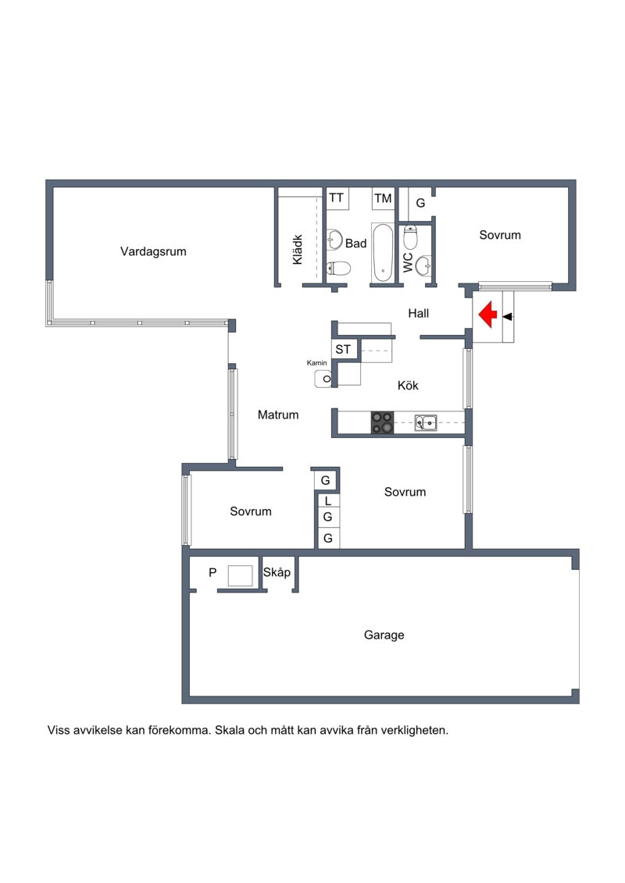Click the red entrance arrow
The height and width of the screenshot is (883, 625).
pyautogui.click(x=487, y=314)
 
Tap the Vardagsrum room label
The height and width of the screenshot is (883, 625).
pyautogui.click(x=153, y=251)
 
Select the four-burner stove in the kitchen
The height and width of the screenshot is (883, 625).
pyautogui.click(x=382, y=422)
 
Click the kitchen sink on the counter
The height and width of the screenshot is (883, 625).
pyautogui.click(x=426, y=422)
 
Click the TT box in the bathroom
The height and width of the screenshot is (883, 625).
pyautogui.click(x=337, y=198)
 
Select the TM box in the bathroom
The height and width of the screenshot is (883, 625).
pyautogui.click(x=384, y=198)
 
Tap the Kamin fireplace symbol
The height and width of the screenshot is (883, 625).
pyautogui.click(x=323, y=379)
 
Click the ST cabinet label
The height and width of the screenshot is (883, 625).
pyautogui.click(x=343, y=350)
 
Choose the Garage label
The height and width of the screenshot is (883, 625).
pyautogui.click(x=384, y=635)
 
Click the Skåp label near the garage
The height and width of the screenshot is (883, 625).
pyautogui.click(x=277, y=572)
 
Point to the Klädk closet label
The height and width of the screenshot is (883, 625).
pyautogui.click(x=298, y=250)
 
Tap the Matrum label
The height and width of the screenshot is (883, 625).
pyautogui.click(x=278, y=415)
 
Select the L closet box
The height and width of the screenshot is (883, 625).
pyautogui.click(x=328, y=500)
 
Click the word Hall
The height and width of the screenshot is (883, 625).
pyautogui.click(x=419, y=314)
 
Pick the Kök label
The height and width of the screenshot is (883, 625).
pyautogui.click(x=408, y=385)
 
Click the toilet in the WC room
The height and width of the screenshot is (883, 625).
pyautogui.click(x=410, y=237)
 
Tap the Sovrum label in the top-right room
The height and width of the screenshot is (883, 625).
pyautogui.click(x=500, y=235)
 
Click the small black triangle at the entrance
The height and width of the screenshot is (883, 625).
pyautogui.click(x=507, y=317)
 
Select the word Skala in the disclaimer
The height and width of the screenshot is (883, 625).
pyautogui.click(x=230, y=731)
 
